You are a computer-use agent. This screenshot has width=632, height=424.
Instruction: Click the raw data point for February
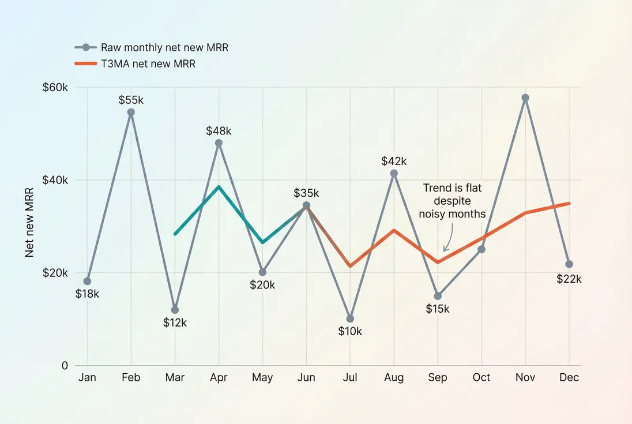tap(131, 112)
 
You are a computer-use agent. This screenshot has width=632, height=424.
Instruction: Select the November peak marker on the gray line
tap(525, 98)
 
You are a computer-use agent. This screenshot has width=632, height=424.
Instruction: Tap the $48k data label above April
tap(219, 131)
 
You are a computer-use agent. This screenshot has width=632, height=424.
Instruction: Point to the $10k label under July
tap(350, 331)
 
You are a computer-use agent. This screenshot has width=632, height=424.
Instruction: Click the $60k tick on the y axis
tap(55, 88)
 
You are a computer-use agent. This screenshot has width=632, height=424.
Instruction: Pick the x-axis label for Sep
tap(438, 377)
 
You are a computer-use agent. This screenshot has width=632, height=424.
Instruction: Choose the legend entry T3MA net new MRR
tap(148, 64)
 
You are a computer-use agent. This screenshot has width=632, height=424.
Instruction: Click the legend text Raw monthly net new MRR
tap(164, 48)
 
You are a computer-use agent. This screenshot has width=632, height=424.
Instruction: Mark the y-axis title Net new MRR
tap(29, 226)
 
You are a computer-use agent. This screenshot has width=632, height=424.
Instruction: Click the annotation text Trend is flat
tap(452, 188)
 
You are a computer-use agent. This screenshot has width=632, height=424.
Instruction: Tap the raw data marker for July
tap(350, 318)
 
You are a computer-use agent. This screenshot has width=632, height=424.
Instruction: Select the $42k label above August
tap(394, 161)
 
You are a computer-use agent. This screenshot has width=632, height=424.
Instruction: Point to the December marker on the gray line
tap(569, 264)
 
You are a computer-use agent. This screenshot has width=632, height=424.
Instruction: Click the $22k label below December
tap(569, 279)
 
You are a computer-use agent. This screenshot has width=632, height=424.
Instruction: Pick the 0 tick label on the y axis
tap(64, 365)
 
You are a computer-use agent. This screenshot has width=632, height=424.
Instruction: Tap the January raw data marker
tap(87, 282)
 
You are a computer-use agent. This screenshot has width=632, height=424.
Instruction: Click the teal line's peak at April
tap(219, 187)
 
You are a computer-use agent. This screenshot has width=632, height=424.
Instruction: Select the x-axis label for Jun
tap(306, 377)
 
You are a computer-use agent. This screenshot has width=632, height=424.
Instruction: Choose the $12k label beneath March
tap(175, 322)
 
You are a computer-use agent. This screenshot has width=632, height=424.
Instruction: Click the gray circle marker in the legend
tap(86, 48)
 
